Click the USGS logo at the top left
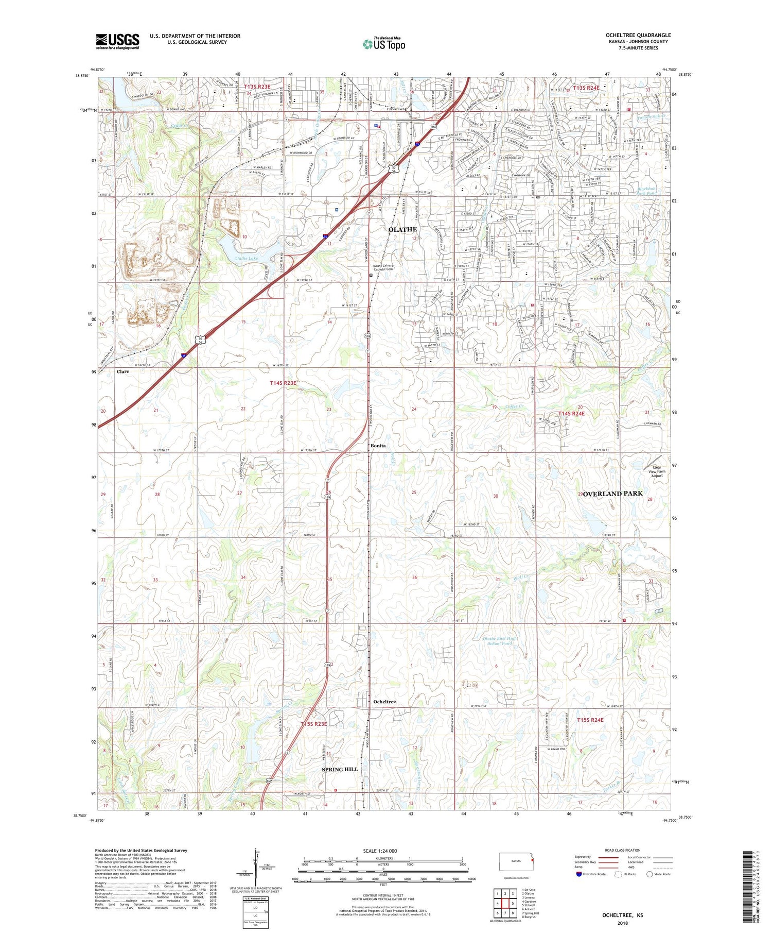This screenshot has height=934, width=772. tap(117, 41)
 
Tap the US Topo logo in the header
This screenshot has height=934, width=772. tap(384, 44)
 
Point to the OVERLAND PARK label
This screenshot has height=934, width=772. tap(612, 494)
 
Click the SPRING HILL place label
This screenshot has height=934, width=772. tap(339, 769)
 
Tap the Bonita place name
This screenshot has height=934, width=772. tap(378, 446)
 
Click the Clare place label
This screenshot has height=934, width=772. tap(122, 371)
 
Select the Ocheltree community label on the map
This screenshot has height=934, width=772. tap(384, 702)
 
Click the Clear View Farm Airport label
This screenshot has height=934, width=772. tap(657, 471)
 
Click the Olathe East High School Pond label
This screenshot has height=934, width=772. tap(499, 641)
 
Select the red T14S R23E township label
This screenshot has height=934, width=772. tap(283, 383)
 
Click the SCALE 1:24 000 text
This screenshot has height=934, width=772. tap(383, 851)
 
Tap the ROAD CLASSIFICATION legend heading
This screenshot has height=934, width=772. tap(623, 850)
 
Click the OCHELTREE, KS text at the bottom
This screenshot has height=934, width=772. tap(622, 915)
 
